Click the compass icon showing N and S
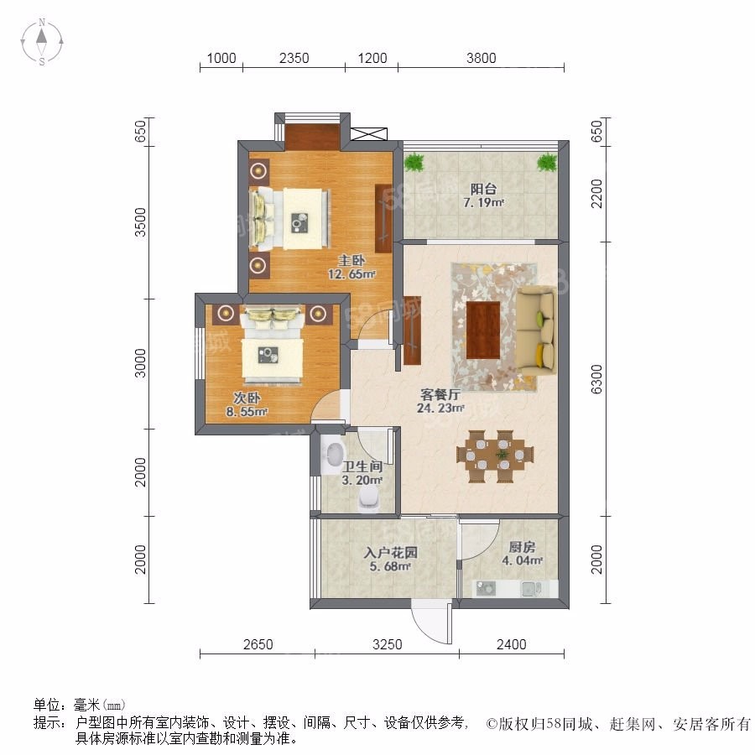click(x=42, y=41)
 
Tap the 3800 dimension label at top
click(x=481, y=58)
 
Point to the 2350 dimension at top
click(x=294, y=58)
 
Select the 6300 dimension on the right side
click(x=596, y=379)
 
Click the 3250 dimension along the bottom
click(x=387, y=644)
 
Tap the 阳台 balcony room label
click(x=483, y=189)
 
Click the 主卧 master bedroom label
click(x=351, y=261)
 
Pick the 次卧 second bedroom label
click(x=247, y=398)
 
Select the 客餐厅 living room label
click(x=440, y=394)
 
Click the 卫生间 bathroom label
click(x=362, y=466)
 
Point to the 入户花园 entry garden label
click(x=390, y=552)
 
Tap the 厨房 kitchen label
click(x=522, y=547)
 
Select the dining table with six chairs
click(x=495, y=456)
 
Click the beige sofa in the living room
click(x=535, y=331)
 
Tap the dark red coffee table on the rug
click(x=483, y=330)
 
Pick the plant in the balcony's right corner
click(x=547, y=162)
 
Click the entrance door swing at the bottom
click(x=431, y=622)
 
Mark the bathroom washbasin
click(x=334, y=455)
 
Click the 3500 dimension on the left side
click(x=139, y=222)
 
